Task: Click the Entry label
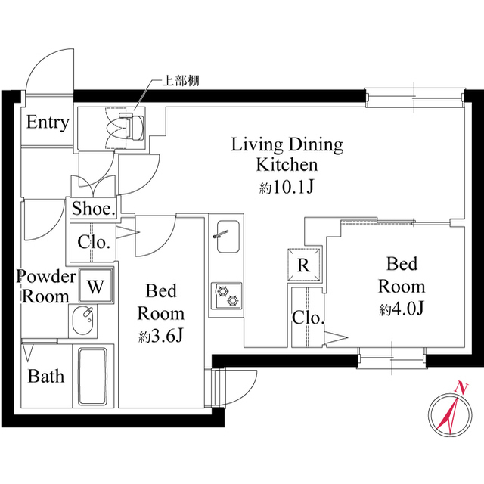48,123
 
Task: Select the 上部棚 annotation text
181,81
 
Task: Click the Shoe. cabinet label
94,209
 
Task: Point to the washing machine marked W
96,286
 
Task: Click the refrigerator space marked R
304,265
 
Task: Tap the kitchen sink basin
228,237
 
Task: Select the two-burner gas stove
227,296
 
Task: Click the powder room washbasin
82,321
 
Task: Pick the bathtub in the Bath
92,377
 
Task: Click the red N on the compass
461,388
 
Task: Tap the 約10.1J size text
287,187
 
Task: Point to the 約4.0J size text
402,309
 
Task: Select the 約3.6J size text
161,336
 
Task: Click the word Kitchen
287,165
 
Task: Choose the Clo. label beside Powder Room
94,242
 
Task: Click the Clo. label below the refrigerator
308,318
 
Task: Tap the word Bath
46,377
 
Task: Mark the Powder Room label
46,287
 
